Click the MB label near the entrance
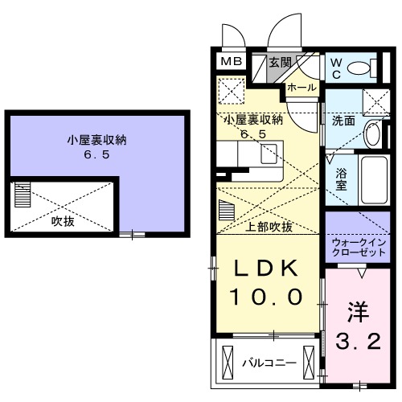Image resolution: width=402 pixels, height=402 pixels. click(230, 62)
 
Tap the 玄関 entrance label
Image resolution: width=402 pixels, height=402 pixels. click(280, 62)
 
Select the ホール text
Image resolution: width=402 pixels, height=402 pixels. click(301, 86)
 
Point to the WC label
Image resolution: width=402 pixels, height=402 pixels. click(337, 66)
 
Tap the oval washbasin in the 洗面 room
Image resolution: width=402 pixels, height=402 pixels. click(372, 134)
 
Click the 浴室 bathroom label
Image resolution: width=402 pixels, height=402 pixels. click(340, 177)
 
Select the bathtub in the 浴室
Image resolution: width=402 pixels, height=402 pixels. click(373, 178)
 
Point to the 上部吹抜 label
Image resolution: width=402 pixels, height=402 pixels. click(269, 226)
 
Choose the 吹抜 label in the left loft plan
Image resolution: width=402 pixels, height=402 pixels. click(63, 219)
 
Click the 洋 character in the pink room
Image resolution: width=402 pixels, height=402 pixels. click(358, 310)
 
